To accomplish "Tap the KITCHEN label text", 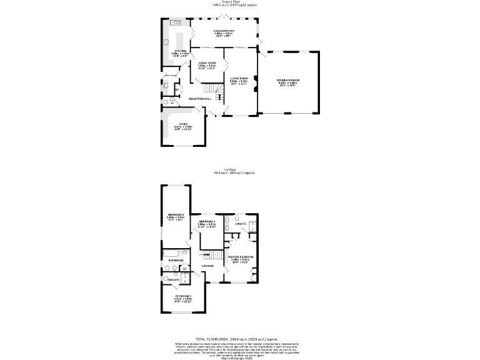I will coord(181,51).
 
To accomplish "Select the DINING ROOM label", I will coord(207,63).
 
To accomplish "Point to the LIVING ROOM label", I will coord(239,79).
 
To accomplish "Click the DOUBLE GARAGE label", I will coord(288,80).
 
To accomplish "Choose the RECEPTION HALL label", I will coord(194,99).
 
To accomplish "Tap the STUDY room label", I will coord(183,124).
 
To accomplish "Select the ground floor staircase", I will coord(218,95).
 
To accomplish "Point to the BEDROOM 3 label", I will coord(176,214).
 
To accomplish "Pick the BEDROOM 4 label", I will coord(207,222).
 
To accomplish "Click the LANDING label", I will coord(207,266).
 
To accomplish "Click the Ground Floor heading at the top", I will coord(239,2).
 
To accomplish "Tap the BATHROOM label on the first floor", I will coord(176,260).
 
